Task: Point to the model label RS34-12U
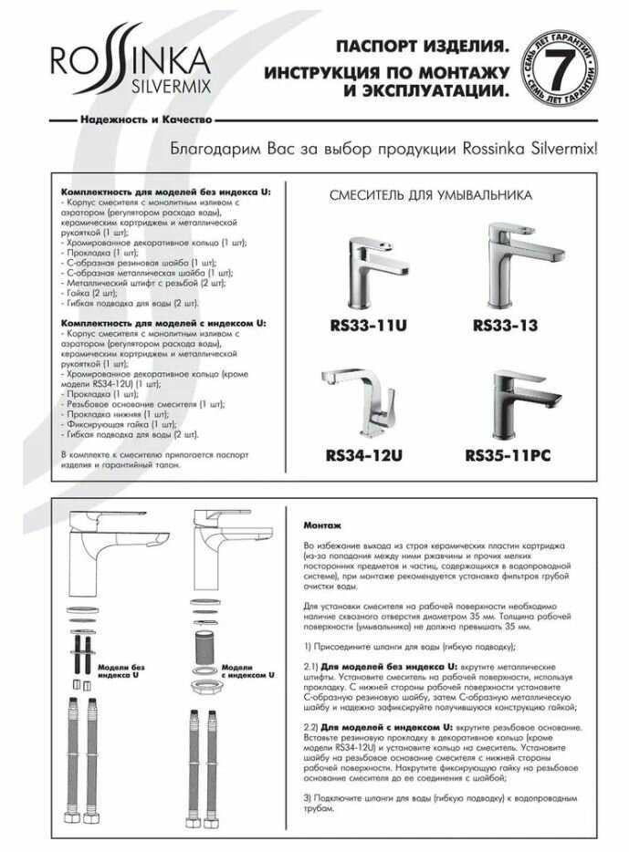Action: point(364,454)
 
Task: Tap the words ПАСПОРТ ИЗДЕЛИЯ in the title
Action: point(421,47)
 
